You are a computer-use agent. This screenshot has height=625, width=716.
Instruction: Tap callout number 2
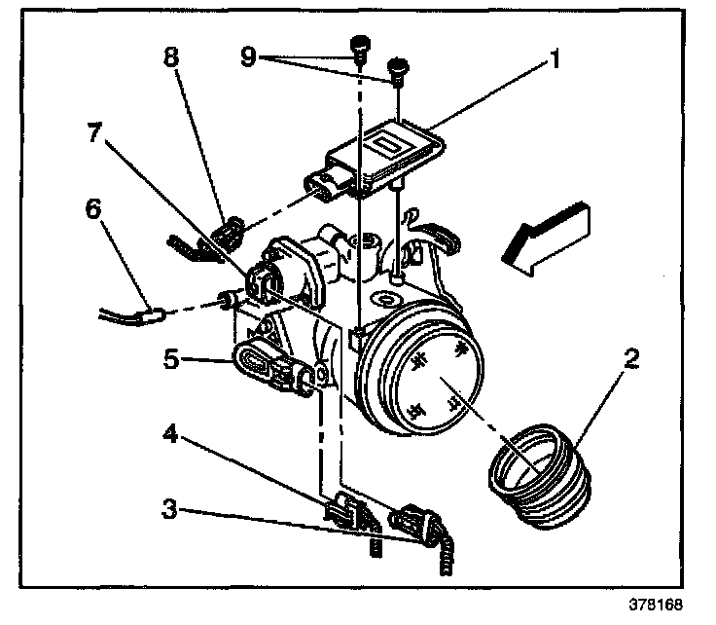631,359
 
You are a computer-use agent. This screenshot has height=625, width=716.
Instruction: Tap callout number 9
248,57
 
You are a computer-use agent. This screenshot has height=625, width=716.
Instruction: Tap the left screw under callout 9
360,46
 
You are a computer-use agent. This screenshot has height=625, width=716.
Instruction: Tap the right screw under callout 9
397,69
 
